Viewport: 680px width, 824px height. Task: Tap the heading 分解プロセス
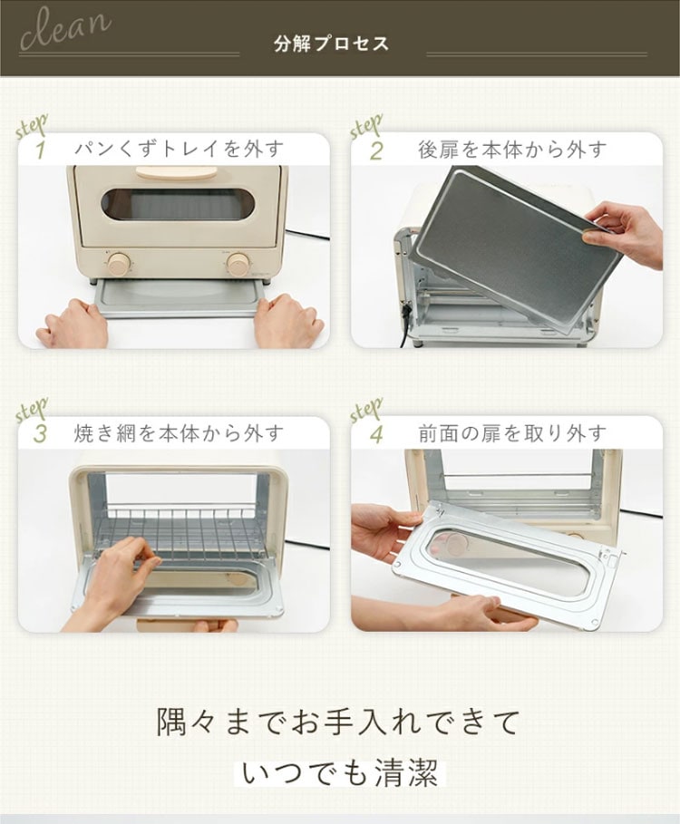click(x=331, y=44)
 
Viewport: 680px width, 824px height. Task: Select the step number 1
click(x=40, y=150)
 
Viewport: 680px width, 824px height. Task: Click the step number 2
click(x=376, y=150)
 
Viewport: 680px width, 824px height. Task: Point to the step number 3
click(x=40, y=434)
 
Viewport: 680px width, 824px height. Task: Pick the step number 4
click(x=376, y=434)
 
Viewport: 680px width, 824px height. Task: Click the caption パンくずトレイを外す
click(x=179, y=150)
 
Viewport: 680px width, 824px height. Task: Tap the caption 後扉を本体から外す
click(x=512, y=150)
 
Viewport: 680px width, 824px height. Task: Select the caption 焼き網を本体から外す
click(x=179, y=433)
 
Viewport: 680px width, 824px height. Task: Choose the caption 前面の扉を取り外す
click(x=512, y=434)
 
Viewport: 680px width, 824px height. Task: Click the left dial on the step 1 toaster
click(x=120, y=262)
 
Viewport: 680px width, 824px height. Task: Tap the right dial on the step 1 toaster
click(x=238, y=264)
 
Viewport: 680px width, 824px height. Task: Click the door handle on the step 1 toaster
click(x=177, y=173)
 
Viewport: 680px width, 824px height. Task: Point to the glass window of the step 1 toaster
click(x=178, y=205)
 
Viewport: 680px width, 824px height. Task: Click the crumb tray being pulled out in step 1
click(x=180, y=297)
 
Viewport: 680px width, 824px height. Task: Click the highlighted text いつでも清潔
click(x=340, y=773)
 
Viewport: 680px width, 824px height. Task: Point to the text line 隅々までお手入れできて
click(x=339, y=722)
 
